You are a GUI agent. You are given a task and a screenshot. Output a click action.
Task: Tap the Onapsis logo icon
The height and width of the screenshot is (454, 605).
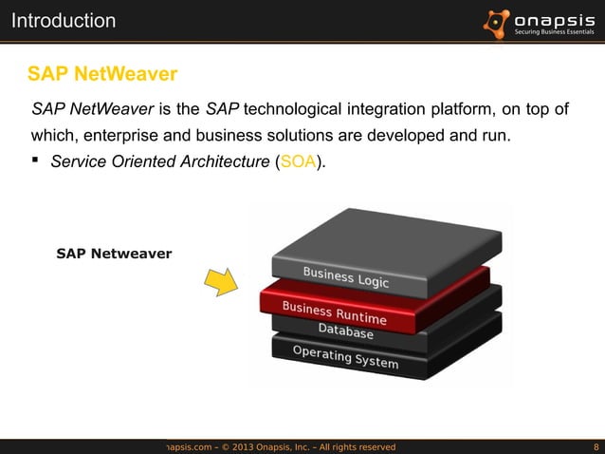(x=497, y=20)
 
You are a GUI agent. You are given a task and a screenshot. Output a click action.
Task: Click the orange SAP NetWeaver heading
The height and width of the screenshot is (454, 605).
(x=102, y=73)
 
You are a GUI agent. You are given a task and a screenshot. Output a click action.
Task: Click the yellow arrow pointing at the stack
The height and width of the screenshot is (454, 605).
(x=221, y=280)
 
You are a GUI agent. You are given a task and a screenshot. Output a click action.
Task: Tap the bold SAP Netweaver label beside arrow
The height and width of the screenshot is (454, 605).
(x=114, y=254)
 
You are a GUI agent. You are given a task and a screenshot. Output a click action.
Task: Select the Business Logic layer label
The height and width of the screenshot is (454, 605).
(x=345, y=277)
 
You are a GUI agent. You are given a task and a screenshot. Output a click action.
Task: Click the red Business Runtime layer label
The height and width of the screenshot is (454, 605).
(x=334, y=312)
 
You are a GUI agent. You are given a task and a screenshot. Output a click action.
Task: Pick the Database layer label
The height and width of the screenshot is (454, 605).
(x=345, y=331)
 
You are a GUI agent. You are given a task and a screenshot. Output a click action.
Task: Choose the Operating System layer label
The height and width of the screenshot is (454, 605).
(x=345, y=357)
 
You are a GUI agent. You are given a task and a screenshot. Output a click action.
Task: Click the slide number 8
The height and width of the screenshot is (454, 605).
(x=595, y=445)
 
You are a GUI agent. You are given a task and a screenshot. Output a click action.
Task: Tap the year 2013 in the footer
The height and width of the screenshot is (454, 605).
(x=262, y=445)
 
